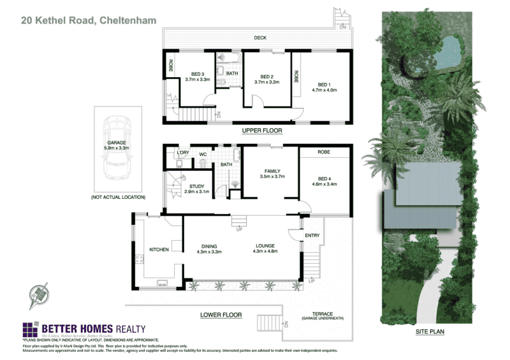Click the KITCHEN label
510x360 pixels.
159,249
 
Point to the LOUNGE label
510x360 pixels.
265,246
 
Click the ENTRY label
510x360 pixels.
312,236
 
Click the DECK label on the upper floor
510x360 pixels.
259,38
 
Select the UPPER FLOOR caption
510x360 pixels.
261,131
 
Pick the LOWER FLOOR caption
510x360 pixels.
221,315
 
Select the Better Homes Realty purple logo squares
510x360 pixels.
31,329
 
